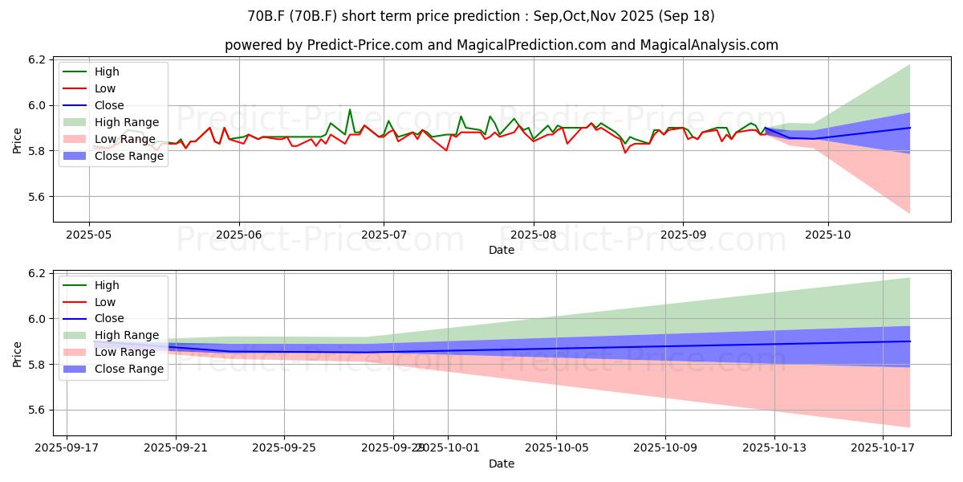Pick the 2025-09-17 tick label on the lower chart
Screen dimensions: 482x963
click(67, 447)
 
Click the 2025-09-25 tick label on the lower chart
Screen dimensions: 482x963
click(284, 447)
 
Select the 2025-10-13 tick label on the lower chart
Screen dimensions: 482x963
click(774, 447)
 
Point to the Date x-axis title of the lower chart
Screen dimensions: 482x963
click(502, 464)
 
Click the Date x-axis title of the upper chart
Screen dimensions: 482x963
click(502, 250)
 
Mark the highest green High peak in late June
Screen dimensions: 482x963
click(349, 110)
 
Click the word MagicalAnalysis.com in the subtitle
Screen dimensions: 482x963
click(709, 45)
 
